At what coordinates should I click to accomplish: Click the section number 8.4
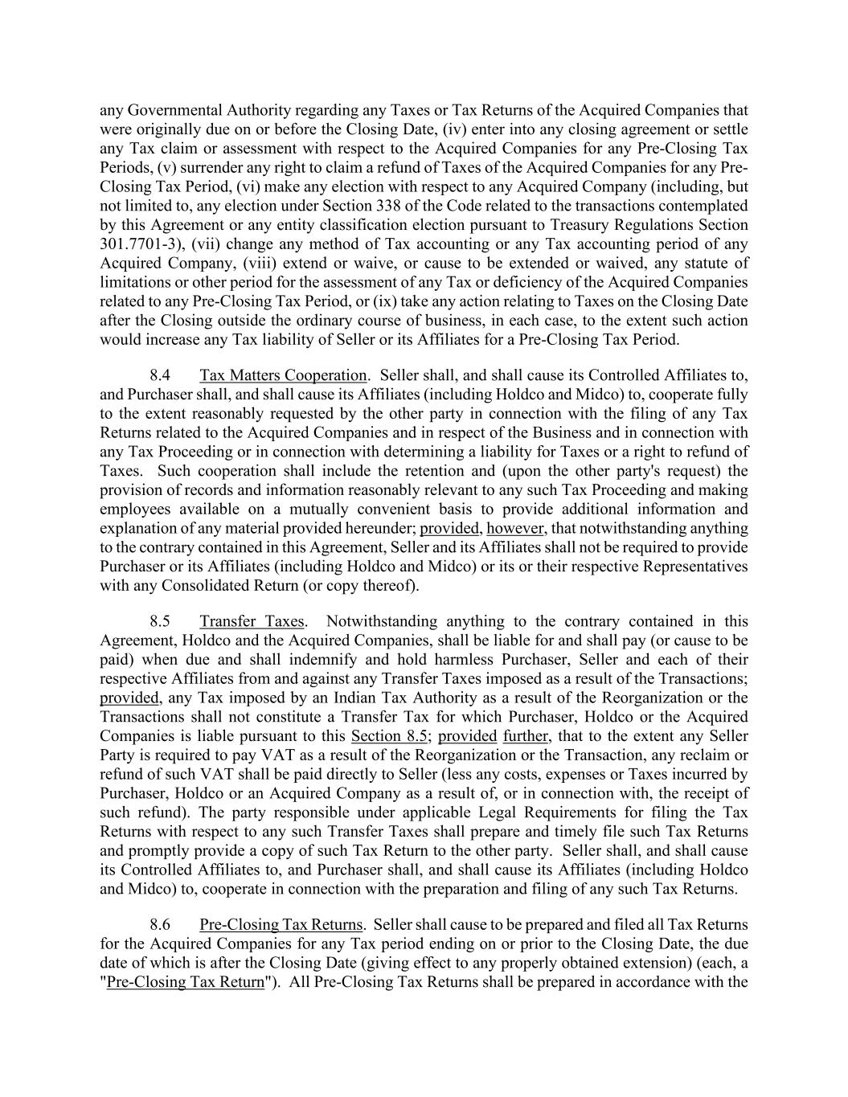(160, 375)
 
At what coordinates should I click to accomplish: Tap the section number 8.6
(160, 924)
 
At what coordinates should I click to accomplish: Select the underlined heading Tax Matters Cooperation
(283, 375)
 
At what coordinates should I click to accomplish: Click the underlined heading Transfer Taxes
(252, 621)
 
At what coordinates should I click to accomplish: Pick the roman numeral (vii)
(209, 244)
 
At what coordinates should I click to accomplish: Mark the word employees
(135, 510)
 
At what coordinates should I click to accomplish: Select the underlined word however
(516, 528)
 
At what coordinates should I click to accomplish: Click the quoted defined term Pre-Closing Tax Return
(186, 981)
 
